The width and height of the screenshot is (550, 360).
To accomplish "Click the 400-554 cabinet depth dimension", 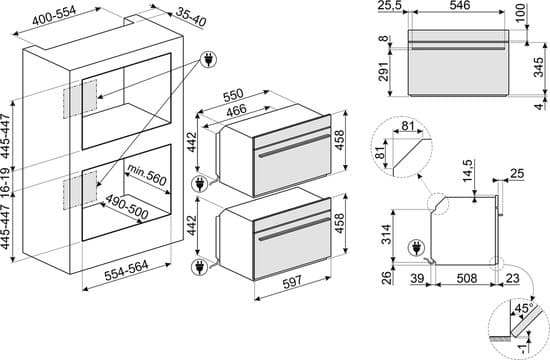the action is coord(54,15).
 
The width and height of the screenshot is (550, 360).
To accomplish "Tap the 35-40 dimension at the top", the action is coord(191,17).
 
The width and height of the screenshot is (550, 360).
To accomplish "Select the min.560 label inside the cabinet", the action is coord(147,175).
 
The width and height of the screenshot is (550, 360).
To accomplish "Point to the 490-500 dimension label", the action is coord(127,207).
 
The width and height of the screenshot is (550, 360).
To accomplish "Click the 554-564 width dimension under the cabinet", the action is coord(126,271).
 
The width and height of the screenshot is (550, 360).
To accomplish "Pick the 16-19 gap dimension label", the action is coord(5,181).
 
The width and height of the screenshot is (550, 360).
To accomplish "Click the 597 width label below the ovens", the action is coord(292,282).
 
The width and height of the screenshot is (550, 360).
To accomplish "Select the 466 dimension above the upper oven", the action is coord(236,111).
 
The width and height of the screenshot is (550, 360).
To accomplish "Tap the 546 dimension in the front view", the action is coord(460,5).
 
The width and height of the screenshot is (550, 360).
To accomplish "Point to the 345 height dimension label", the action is coord(538,68).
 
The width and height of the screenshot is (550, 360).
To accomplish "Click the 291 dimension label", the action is coord(384,72).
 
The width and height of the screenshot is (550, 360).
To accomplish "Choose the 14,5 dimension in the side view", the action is coord(468,171).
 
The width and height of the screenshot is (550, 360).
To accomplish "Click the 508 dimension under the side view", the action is coord(467,278).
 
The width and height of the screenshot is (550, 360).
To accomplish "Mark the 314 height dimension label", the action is coord(386,234).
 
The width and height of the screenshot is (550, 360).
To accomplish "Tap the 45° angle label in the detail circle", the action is coord(524,308).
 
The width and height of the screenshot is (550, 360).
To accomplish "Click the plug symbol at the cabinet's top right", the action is coord(208,60).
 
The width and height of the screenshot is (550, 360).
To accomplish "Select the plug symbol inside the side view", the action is coord(417,248).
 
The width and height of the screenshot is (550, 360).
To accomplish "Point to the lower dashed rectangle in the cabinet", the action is coord(80,191).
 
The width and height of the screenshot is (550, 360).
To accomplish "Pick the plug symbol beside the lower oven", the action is coord(199,267).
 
